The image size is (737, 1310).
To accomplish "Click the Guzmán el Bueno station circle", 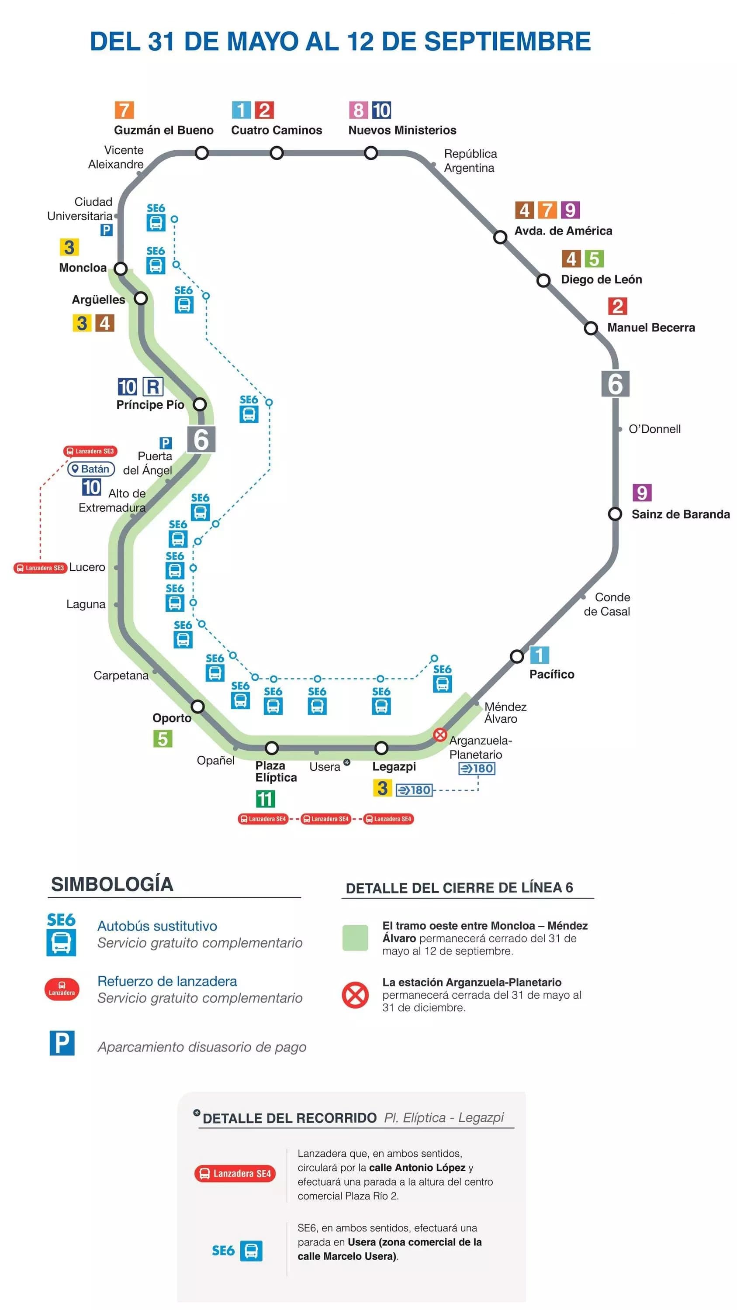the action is [202, 152].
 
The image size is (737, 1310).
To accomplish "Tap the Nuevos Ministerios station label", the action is [402, 130].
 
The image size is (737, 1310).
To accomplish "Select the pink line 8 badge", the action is [358, 110].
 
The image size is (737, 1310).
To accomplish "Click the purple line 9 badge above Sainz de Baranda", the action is [642, 492].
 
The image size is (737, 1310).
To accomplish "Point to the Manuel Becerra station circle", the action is [591, 328].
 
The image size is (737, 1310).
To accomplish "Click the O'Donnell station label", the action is [654, 429].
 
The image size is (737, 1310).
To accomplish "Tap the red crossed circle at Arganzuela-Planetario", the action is [440, 734].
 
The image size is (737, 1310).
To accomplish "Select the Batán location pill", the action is [91, 469].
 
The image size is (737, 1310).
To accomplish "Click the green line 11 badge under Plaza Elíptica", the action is [265, 798].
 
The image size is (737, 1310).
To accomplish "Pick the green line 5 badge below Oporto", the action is [163, 738].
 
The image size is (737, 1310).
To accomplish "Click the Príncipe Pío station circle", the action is [200, 404].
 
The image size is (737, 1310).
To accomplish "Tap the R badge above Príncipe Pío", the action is [152, 386].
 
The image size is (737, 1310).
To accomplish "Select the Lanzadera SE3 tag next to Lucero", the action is [40, 568].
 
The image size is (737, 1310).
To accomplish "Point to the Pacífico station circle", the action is [517, 656].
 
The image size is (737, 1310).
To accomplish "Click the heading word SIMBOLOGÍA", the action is [112, 884].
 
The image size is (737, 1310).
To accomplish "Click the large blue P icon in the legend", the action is [62, 1043].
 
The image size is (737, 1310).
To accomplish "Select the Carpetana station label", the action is [121, 676].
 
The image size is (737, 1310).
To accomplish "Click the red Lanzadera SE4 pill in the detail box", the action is [235, 1173].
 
